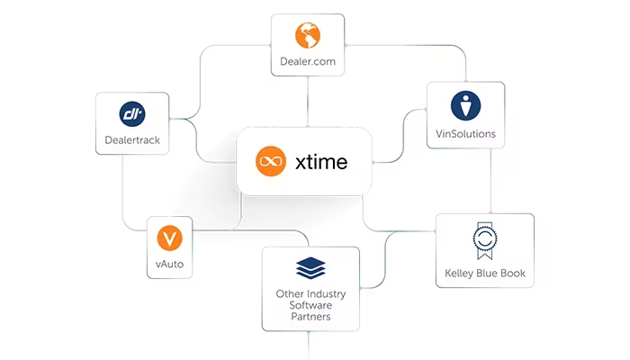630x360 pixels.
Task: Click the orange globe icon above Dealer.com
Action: click(x=308, y=35)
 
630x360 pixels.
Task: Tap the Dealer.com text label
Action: click(x=308, y=61)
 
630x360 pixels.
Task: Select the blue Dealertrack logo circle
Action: click(x=132, y=114)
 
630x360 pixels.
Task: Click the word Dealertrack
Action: click(x=132, y=139)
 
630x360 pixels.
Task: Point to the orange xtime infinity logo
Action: click(x=271, y=161)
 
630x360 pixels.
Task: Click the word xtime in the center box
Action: click(x=321, y=162)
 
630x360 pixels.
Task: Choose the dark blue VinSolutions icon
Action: click(x=465, y=105)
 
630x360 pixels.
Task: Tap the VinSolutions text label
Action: click(x=465, y=134)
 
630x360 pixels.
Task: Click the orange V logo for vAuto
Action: click(x=169, y=238)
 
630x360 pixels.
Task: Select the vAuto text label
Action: click(x=169, y=264)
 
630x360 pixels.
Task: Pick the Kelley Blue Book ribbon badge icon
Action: click(x=485, y=240)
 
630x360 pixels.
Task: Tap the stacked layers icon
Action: click(x=310, y=268)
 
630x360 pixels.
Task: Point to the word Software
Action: click(x=310, y=305)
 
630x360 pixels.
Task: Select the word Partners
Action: click(x=310, y=317)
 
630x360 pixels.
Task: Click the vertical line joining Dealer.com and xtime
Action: click(x=308, y=102)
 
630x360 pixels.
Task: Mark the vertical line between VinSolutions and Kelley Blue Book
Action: click(x=490, y=181)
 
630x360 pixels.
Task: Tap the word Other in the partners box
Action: click(x=289, y=294)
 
